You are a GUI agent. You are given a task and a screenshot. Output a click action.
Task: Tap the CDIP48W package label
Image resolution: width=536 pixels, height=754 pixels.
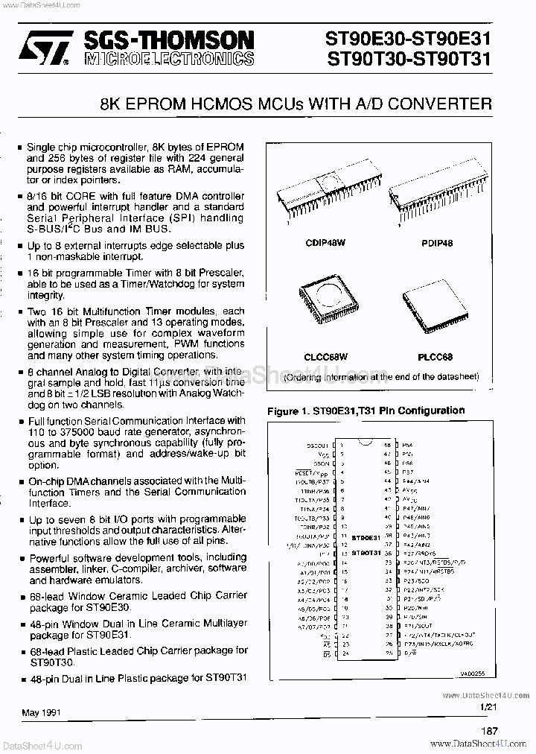[325, 243]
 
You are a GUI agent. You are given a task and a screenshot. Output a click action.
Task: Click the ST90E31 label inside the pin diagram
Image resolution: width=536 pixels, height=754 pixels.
[366, 536]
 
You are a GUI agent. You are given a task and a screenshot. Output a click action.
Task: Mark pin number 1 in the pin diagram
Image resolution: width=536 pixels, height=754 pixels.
[340, 445]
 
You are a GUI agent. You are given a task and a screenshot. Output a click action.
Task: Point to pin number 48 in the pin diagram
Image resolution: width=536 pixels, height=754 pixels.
[388, 445]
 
